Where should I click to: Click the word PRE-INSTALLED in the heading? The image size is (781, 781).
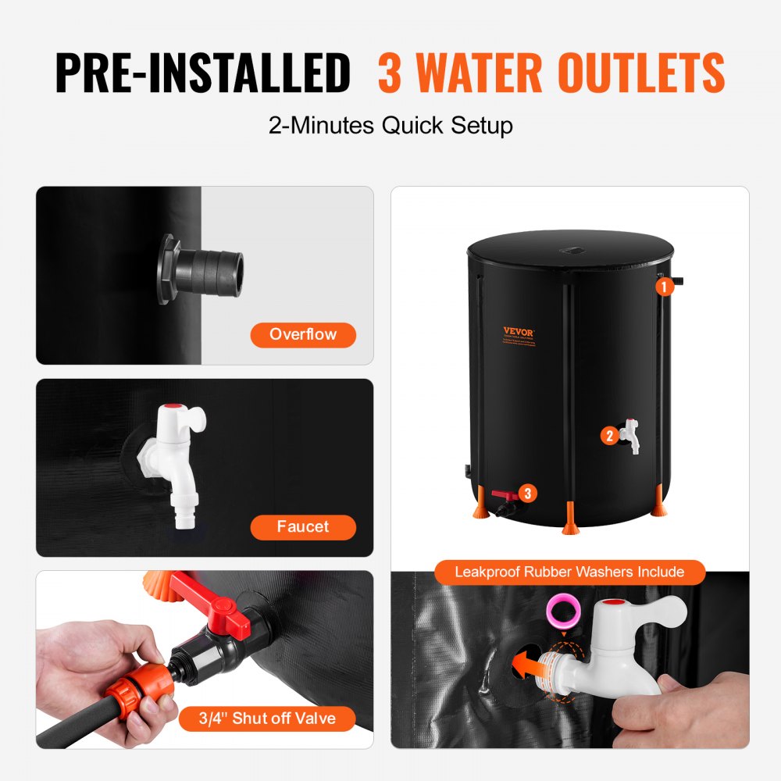tap(202, 74)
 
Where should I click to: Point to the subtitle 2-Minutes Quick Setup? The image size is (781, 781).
tap(390, 126)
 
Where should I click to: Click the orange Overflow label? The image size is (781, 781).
tap(303, 335)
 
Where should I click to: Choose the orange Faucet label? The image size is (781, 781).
tap(303, 527)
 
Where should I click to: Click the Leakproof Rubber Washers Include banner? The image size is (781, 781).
tap(569, 572)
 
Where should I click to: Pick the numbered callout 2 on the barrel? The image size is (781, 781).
tap(610, 436)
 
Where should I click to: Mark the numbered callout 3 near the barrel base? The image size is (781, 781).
tap(528, 493)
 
